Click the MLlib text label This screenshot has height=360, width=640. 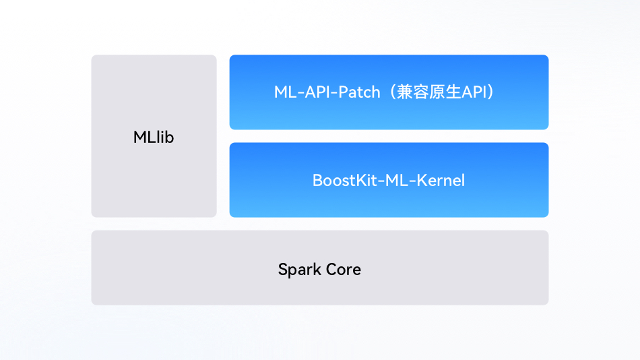click(154, 138)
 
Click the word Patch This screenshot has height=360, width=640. click(359, 92)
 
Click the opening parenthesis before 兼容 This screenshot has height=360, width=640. click(392, 92)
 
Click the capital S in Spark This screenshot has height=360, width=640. click(283, 270)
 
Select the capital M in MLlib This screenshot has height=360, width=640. click(140, 138)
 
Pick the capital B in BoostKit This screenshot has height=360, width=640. click(317, 180)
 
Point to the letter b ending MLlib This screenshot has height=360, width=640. click(169, 138)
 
